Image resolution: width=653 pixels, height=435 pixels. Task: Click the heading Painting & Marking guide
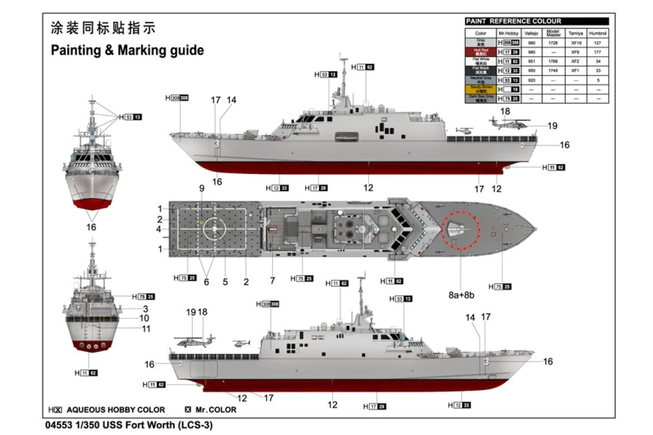point(127,51)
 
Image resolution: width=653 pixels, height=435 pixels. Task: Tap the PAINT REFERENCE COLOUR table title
point(513,21)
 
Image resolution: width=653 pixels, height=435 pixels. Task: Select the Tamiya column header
point(575,33)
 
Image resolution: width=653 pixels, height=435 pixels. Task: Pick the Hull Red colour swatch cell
point(480,52)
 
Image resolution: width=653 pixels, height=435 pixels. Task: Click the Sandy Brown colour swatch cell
point(480,89)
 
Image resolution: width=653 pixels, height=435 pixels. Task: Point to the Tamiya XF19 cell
point(575,42)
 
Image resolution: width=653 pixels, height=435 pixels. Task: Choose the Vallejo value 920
point(532,80)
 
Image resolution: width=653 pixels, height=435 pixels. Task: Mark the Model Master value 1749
point(553,70)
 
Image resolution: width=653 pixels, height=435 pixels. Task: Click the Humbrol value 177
point(598,52)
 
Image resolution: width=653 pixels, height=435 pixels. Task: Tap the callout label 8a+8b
point(461,295)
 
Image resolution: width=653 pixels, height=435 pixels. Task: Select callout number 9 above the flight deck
point(201,189)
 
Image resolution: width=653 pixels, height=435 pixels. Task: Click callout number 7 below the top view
point(272,281)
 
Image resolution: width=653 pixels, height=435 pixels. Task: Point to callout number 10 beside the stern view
point(144,318)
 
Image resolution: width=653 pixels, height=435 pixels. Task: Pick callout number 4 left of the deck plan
point(159,229)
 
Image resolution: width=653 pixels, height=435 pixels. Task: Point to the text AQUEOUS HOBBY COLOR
point(115,409)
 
